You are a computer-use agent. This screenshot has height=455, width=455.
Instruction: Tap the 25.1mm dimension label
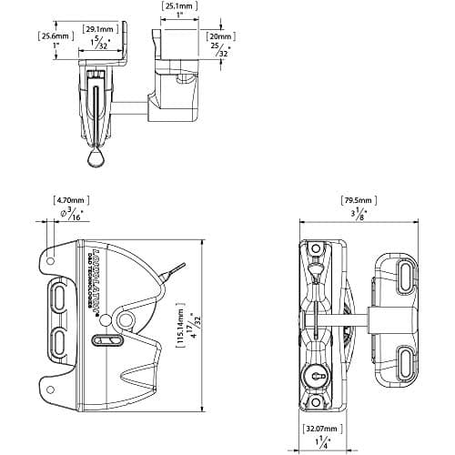(x=178, y=6)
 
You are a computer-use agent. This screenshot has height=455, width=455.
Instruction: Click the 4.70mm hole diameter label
(x=70, y=199)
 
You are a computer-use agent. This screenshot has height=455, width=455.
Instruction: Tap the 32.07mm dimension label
(x=321, y=428)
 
